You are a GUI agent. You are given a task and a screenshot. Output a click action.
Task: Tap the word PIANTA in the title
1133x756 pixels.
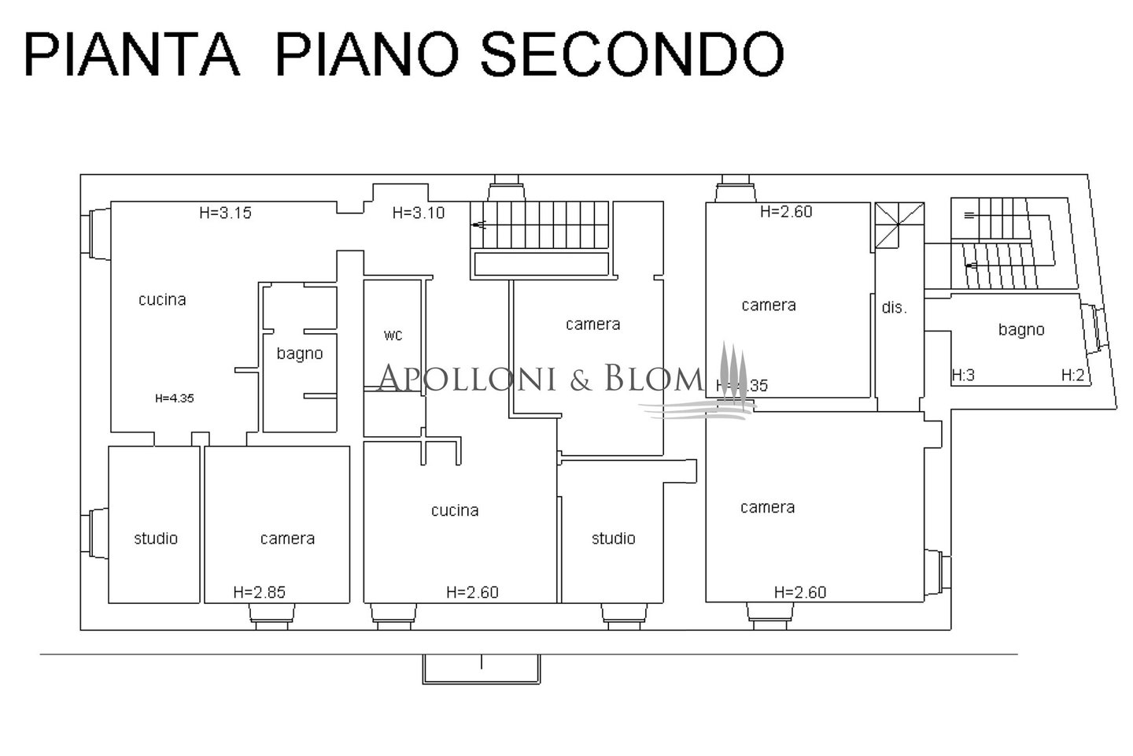click(132, 54)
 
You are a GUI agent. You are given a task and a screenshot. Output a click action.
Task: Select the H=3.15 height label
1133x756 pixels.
click(225, 213)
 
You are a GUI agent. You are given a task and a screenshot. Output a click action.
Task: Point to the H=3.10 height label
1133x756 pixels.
click(419, 213)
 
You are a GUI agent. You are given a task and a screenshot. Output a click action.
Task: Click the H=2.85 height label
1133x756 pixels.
click(259, 592)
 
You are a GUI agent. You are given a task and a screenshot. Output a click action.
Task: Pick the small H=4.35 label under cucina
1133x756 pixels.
click(175, 398)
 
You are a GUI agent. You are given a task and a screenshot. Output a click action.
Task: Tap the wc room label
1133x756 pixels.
click(393, 335)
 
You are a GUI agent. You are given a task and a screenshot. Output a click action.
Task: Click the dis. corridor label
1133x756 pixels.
click(894, 308)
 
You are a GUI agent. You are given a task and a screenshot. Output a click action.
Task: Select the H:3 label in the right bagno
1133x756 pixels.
click(963, 376)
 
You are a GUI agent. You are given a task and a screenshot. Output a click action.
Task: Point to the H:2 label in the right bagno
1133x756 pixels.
click(1073, 376)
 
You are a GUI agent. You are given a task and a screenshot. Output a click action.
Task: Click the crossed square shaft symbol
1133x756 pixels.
click(900, 225)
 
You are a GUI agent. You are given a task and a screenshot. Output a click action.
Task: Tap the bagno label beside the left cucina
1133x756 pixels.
click(300, 354)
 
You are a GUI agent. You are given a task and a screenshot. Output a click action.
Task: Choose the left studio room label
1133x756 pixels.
click(156, 539)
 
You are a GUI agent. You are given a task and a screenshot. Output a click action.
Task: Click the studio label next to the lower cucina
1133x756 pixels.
click(614, 539)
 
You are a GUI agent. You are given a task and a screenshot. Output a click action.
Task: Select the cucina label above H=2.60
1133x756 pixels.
click(455, 510)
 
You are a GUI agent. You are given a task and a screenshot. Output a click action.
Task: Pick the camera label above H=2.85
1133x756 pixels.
click(287, 539)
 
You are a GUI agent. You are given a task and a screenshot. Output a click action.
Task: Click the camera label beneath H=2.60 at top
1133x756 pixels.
click(769, 306)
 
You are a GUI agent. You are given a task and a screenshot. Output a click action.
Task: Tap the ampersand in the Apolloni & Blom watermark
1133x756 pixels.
click(581, 380)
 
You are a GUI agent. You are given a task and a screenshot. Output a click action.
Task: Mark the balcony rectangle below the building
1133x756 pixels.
click(482, 669)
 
